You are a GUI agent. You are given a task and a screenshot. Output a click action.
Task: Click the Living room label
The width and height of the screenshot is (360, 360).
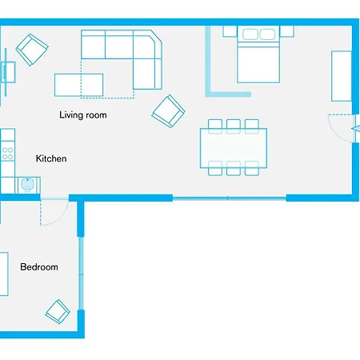[x=83, y=115]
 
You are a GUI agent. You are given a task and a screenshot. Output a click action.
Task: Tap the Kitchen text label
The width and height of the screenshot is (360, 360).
[x=51, y=159]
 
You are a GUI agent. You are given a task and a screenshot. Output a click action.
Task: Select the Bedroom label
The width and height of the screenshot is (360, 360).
[x=39, y=267]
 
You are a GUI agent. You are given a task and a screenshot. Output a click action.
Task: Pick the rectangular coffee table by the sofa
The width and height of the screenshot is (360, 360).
[x=78, y=84]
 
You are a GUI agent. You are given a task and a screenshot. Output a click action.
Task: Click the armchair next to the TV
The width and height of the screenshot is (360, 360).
[x=32, y=51]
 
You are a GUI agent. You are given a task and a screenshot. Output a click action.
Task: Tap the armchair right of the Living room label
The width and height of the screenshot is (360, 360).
[x=169, y=110]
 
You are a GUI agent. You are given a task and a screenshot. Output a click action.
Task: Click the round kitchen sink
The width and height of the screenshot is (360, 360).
[x=27, y=183]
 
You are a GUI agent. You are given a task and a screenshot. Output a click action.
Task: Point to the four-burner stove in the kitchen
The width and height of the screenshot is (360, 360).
[x=7, y=150]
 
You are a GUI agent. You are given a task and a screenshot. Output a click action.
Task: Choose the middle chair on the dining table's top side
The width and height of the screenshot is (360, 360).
[x=234, y=125]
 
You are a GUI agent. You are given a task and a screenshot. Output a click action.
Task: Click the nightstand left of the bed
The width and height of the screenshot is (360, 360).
[x=230, y=32]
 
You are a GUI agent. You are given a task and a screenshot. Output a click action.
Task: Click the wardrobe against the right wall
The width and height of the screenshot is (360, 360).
[x=342, y=76]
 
